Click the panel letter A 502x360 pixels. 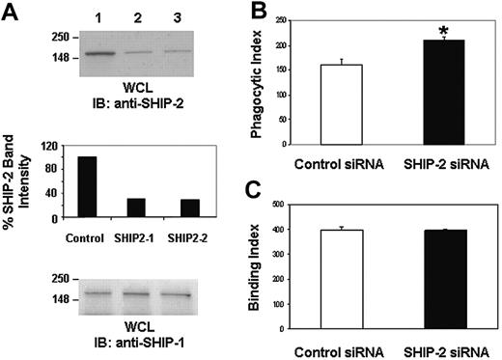point(11,12)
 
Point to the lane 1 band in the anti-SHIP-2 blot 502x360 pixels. point(99,54)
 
